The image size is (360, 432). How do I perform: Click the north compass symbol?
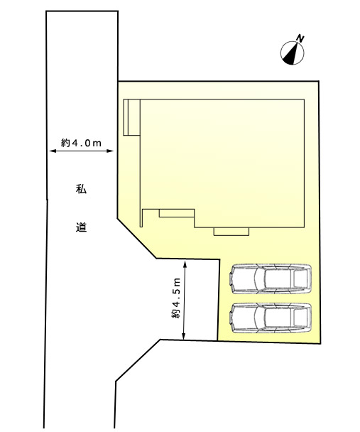pos(293,53)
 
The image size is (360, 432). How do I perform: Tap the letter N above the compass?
pos(300,38)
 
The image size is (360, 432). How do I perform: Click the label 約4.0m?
pos(81,143)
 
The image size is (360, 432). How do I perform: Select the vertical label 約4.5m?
pos(176,298)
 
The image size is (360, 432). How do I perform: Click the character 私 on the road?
pos(81,189)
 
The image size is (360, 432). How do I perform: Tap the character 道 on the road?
pos(81,227)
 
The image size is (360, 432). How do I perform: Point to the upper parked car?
pos(271,279)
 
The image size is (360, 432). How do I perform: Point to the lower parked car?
pos(271,318)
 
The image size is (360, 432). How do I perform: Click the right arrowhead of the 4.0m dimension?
pos(110,151)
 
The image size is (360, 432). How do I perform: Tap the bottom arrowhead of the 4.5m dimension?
pos(184,336)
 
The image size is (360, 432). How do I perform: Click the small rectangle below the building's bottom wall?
pos(231,232)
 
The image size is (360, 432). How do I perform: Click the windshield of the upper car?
pos(259,279)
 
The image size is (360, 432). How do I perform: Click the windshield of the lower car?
pos(259,318)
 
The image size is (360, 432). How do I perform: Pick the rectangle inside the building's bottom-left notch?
pos(177,213)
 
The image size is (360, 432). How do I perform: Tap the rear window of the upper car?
pos(300,279)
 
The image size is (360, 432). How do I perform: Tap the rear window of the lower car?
pos(300,318)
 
